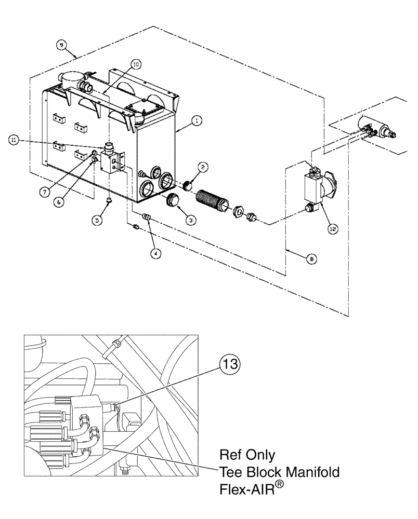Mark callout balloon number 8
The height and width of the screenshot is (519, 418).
coord(310,257)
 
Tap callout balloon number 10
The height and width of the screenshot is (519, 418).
coord(135,64)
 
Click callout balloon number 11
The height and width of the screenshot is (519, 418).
coord(15,139)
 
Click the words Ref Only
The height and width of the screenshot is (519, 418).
coord(246,455)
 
